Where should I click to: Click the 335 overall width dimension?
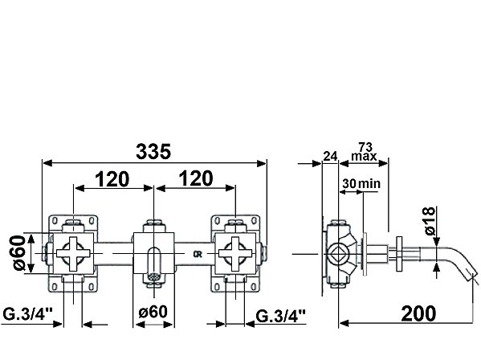[x=153, y=152]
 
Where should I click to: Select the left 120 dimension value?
[x=112, y=179]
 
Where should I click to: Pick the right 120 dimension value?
[x=196, y=178]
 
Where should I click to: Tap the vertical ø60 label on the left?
[x=19, y=253]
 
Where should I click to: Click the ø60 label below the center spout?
[x=153, y=312]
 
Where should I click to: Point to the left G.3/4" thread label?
[x=27, y=314]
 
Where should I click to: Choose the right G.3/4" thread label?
[x=281, y=316]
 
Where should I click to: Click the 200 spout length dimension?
[x=418, y=313]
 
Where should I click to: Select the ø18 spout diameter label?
[x=430, y=221]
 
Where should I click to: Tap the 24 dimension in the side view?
[x=330, y=156]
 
